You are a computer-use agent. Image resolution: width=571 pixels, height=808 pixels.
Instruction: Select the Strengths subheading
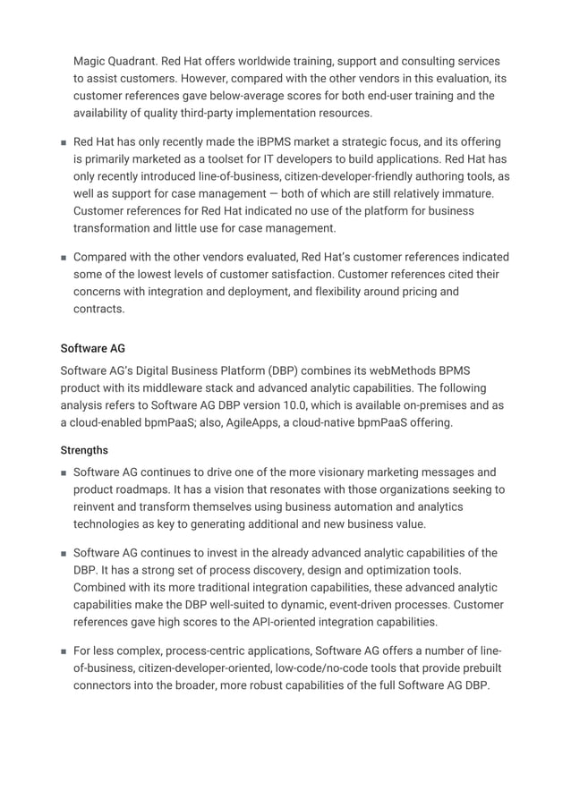pyautogui.click(x=84, y=450)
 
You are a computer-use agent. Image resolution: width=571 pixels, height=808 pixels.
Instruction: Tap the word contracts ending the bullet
pyautogui.click(x=99, y=308)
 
